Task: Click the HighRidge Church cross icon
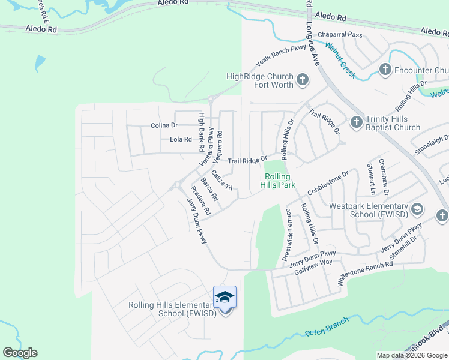(303, 79)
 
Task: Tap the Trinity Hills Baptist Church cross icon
(355, 122)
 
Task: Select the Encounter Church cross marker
(385, 70)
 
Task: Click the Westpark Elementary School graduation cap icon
(417, 209)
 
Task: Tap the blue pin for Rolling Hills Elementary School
(224, 298)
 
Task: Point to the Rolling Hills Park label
(277, 181)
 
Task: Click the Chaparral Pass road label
(340, 35)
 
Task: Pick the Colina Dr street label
(164, 125)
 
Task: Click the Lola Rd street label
(181, 139)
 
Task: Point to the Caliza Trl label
(222, 180)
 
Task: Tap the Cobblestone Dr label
(328, 183)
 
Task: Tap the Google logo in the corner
(20, 353)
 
